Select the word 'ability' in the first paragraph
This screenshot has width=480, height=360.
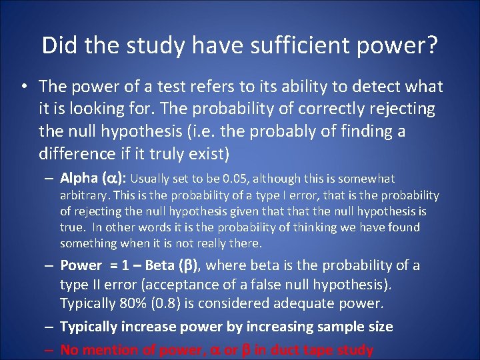tap(302, 87)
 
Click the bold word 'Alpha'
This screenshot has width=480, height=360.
tap(79, 178)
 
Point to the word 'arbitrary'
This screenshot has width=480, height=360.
tap(85, 195)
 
